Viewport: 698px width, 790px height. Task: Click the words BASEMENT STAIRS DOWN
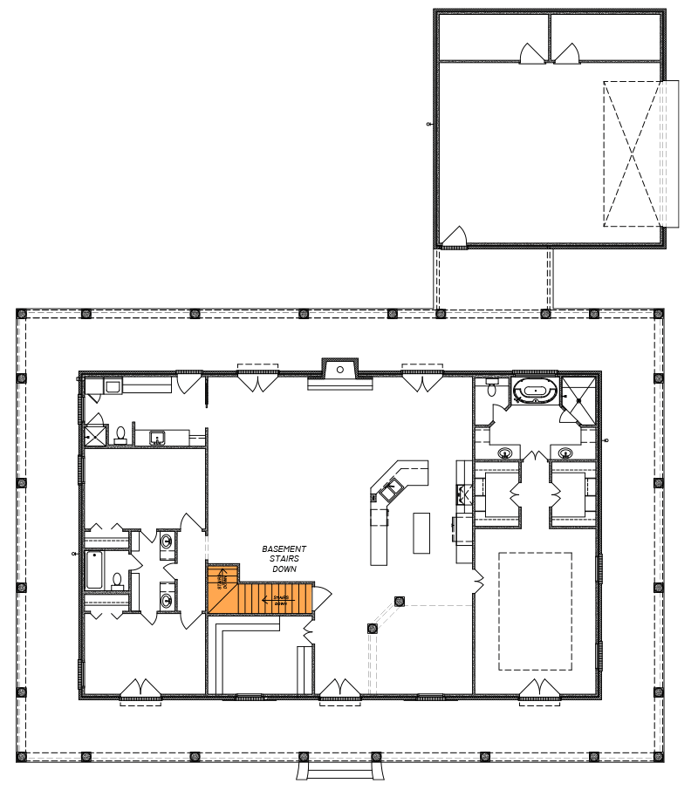[284, 558]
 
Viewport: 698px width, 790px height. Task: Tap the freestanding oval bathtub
[533, 391]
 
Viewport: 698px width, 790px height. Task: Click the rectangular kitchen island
[421, 533]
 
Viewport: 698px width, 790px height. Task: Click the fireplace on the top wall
[339, 368]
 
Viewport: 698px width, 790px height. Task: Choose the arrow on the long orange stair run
[277, 601]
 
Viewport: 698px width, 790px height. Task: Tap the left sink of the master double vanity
[505, 453]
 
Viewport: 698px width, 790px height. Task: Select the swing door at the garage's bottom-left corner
[455, 237]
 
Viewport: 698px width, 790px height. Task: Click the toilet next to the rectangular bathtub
[118, 578]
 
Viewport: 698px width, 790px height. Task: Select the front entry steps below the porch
[339, 772]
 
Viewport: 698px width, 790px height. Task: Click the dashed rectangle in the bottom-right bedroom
[535, 610]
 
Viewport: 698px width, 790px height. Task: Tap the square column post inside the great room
[400, 600]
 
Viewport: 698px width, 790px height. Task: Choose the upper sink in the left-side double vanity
[167, 541]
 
